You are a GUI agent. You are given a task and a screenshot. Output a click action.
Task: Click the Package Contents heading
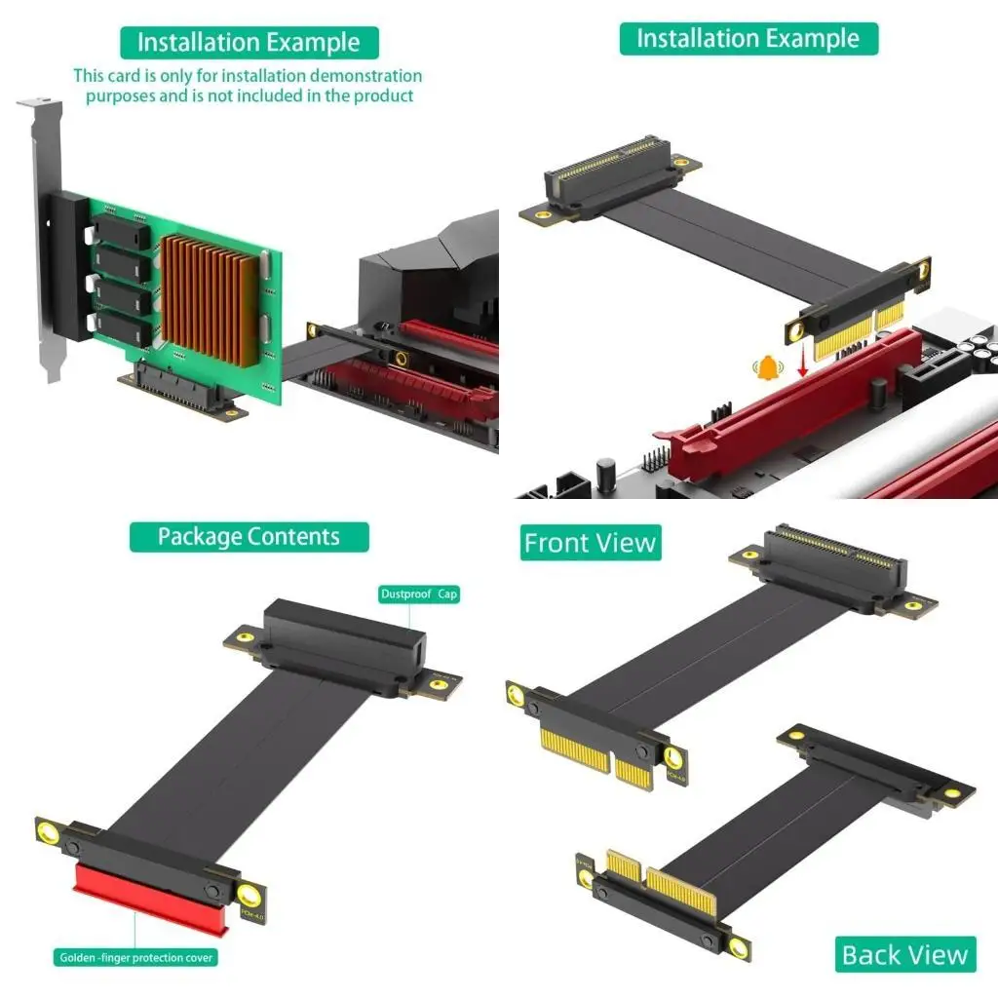tap(249, 537)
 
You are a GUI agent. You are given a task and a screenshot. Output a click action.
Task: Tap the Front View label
tap(590, 543)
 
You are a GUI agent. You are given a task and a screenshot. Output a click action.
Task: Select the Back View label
tap(905, 955)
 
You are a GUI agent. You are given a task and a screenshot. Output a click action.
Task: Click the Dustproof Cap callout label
tap(418, 594)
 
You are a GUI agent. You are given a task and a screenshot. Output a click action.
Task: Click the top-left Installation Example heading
tap(249, 43)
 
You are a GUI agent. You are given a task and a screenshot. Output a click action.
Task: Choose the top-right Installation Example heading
tap(748, 39)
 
